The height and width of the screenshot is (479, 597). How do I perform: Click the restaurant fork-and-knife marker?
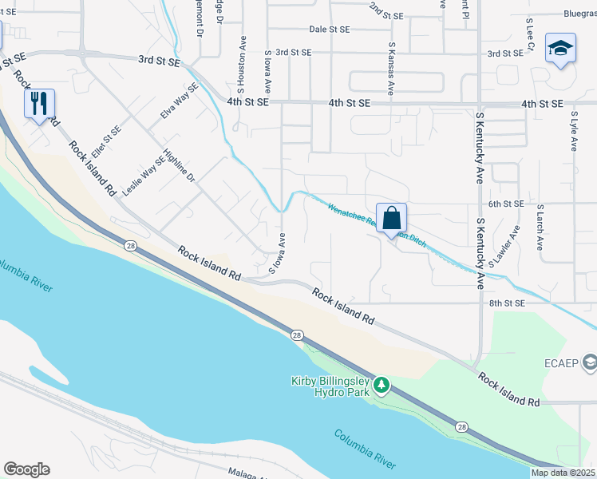[39, 103]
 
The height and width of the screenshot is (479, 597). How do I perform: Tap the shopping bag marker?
[392, 218]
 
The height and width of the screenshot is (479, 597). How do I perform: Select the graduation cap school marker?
[560, 49]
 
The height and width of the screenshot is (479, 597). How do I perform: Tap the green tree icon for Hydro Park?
[382, 386]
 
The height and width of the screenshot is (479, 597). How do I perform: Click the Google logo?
[26, 469]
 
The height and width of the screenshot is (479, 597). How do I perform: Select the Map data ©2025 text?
[563, 473]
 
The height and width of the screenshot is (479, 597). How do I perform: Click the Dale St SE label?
[330, 29]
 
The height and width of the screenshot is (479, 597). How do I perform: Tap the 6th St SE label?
[506, 204]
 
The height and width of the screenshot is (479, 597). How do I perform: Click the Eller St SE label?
[105, 141]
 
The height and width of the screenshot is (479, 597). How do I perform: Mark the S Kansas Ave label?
[391, 69]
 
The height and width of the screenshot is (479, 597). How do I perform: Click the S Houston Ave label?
[239, 62]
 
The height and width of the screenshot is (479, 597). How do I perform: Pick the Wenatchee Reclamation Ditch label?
[377, 224]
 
